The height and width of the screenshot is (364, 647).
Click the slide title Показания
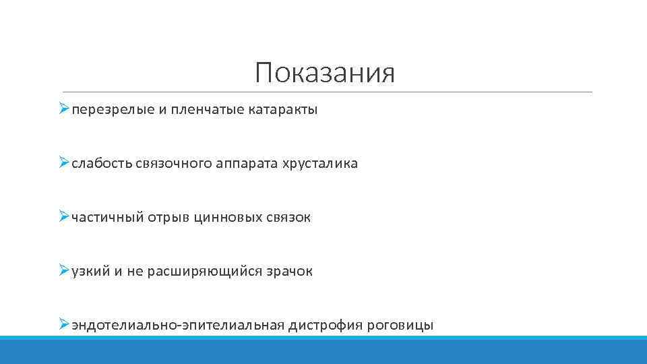tap(325, 73)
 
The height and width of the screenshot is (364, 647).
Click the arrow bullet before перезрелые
tap(64, 109)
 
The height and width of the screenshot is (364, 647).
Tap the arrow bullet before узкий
tap(64, 271)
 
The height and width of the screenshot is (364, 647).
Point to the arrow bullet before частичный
tap(64, 217)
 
